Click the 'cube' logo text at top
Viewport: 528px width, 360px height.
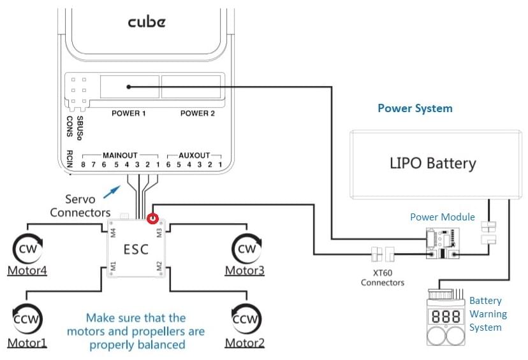[146, 21]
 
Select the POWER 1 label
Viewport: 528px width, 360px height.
[129, 113]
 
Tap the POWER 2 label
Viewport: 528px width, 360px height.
[198, 113]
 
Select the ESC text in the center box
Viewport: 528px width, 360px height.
[136, 249]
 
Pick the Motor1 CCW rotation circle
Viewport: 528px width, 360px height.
[27, 319]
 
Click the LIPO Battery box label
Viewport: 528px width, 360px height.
[432, 163]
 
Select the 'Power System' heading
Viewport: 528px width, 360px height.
[414, 108]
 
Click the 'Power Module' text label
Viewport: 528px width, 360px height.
[442, 217]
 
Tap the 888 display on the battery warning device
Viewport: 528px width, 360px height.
[446, 317]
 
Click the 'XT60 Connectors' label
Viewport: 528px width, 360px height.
[382, 277]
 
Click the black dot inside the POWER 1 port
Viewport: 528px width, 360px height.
[129, 86]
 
